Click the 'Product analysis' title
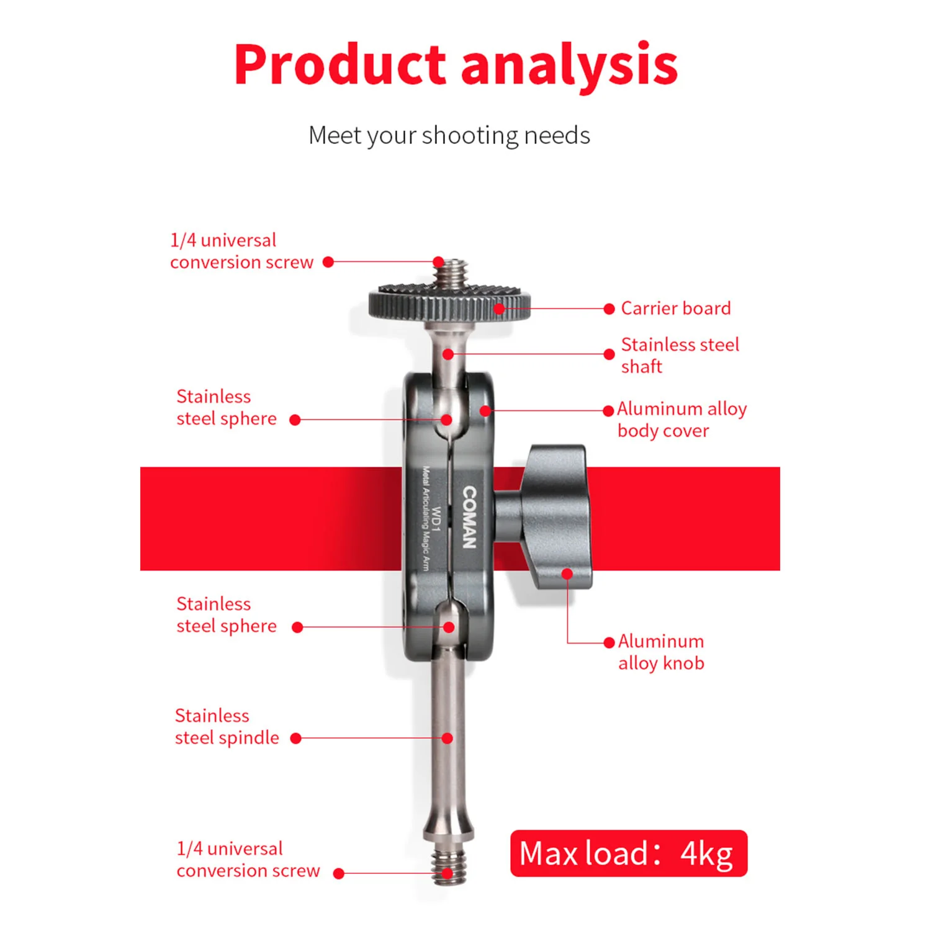[456, 65]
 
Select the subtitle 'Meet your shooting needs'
[449, 135]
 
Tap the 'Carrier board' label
[676, 308]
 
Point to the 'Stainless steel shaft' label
[680, 356]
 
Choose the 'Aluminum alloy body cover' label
[681, 420]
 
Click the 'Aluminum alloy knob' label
[661, 652]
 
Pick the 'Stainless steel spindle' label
[227, 727]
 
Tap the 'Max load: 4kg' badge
[628, 853]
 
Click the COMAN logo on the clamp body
[469, 517]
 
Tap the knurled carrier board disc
[449, 302]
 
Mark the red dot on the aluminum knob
[567, 574]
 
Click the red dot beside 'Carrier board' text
[609, 308]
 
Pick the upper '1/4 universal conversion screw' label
[241, 251]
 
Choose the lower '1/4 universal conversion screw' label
[248, 860]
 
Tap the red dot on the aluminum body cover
[485, 410]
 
